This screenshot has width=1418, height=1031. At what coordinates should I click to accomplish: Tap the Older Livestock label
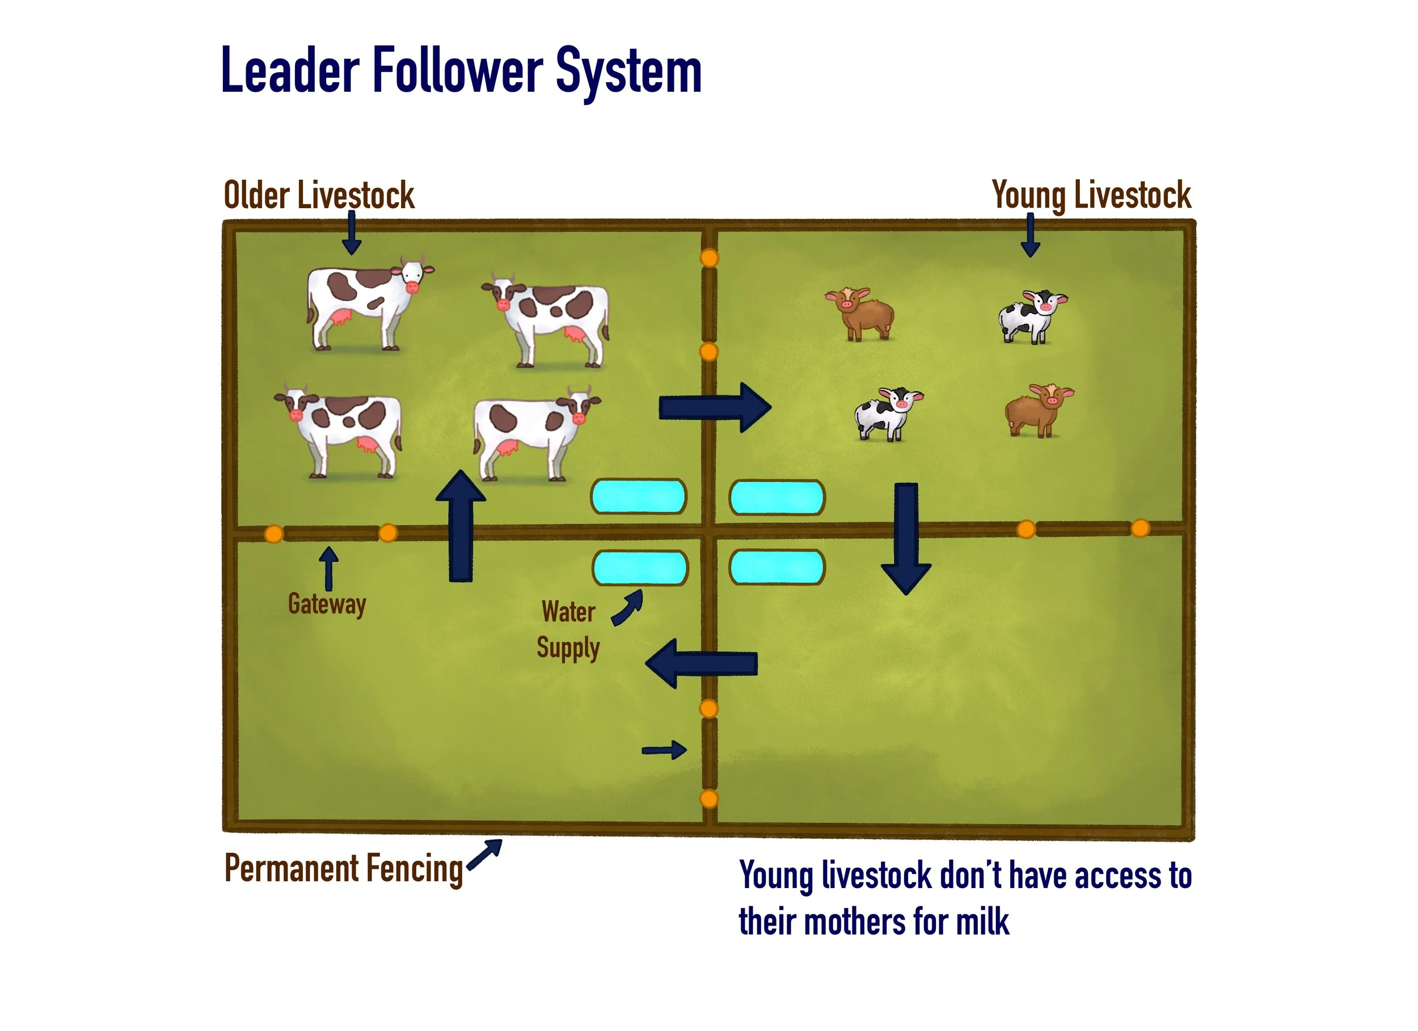coord(318,195)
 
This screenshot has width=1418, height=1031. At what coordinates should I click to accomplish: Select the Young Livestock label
coord(1091,195)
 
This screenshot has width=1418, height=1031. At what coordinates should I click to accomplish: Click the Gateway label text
coord(326,604)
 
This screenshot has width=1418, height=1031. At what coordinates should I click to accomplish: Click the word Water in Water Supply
coord(568,611)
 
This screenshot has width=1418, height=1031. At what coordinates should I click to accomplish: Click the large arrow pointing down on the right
coord(906,538)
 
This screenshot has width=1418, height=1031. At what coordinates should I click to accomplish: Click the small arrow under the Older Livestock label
coord(351,233)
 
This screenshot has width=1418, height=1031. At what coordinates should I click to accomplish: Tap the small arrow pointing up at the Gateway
coord(328,568)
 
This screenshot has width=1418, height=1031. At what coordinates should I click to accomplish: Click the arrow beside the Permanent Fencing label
coord(484,854)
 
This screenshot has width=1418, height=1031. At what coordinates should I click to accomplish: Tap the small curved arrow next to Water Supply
coord(628,609)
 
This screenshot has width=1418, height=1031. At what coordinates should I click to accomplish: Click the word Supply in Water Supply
coord(568,648)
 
